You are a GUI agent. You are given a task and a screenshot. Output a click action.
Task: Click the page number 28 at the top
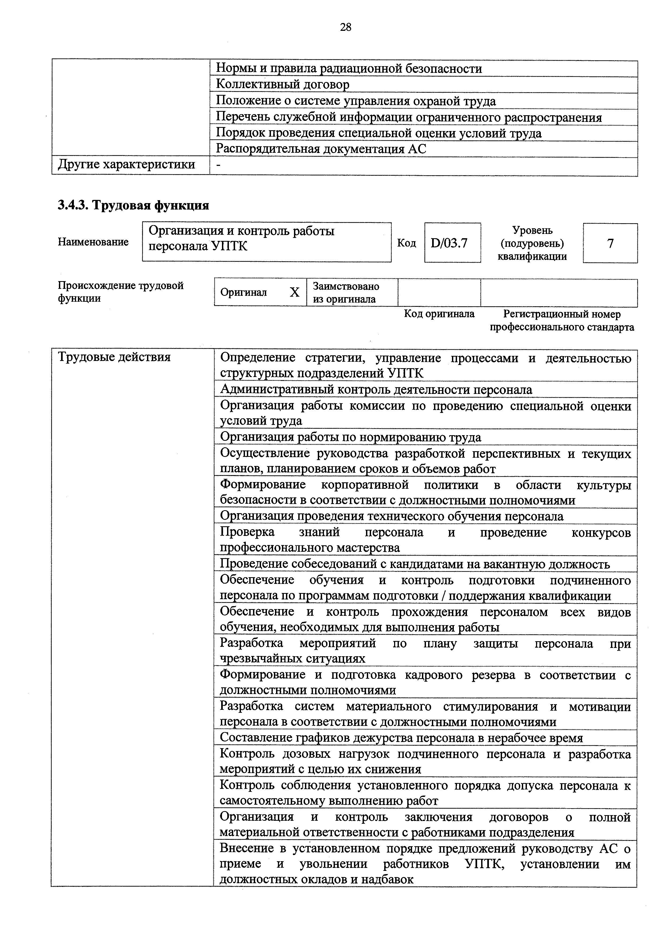pos(345,27)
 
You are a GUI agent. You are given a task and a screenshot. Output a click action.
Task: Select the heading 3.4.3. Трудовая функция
pos(133,205)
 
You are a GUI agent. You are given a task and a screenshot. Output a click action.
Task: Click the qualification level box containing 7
pos(610,243)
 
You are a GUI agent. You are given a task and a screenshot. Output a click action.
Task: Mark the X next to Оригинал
pos(295,292)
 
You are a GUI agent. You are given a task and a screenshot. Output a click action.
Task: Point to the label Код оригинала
pos(439,314)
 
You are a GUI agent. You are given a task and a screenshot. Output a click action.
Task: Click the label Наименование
pos(93,242)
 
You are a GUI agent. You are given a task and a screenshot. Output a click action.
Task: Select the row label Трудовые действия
pos(114,357)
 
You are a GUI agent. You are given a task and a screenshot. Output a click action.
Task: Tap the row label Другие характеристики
pos(126,165)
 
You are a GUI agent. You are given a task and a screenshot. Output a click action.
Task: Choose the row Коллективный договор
pos(282,84)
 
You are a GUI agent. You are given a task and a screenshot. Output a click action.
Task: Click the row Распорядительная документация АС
pos(321,149)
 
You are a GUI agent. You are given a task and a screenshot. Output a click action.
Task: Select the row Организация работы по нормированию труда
pos(351,437)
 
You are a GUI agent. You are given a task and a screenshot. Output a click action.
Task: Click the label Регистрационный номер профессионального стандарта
pos(562,320)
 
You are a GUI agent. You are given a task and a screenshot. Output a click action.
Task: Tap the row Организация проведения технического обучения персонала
pos(391,516)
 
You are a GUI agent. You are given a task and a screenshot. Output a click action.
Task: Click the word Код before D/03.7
pos(406,243)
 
